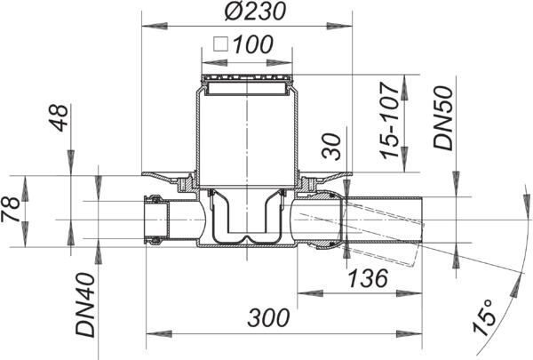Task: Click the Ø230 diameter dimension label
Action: click(x=255, y=12)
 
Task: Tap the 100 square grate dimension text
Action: click(x=253, y=44)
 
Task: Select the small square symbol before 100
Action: click(x=220, y=44)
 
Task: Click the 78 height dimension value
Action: click(x=11, y=209)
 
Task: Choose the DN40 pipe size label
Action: click(x=85, y=305)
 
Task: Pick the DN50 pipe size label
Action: click(x=443, y=118)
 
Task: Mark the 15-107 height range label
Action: click(x=390, y=121)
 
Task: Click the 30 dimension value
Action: click(x=331, y=147)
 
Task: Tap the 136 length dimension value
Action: click(x=369, y=278)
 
